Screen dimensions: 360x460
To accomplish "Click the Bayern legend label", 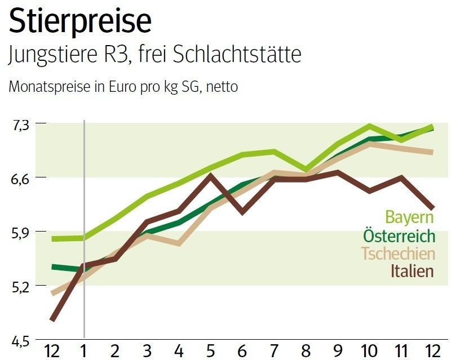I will [x=410, y=217].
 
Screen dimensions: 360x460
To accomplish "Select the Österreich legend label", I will [x=399, y=235].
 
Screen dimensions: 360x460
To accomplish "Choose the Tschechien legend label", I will [x=398, y=254].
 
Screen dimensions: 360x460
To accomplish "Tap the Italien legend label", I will [x=412, y=271].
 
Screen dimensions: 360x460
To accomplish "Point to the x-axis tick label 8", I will [x=306, y=350].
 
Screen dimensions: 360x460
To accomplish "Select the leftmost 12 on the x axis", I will [x=52, y=350].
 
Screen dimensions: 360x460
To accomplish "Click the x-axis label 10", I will [x=369, y=350].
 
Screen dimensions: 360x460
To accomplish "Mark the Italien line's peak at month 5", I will [x=210, y=175].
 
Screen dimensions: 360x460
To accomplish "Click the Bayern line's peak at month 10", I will [x=369, y=126].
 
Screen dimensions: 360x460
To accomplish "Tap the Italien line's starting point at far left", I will [x=52, y=320].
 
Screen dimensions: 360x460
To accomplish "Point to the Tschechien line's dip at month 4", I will [x=179, y=244].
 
